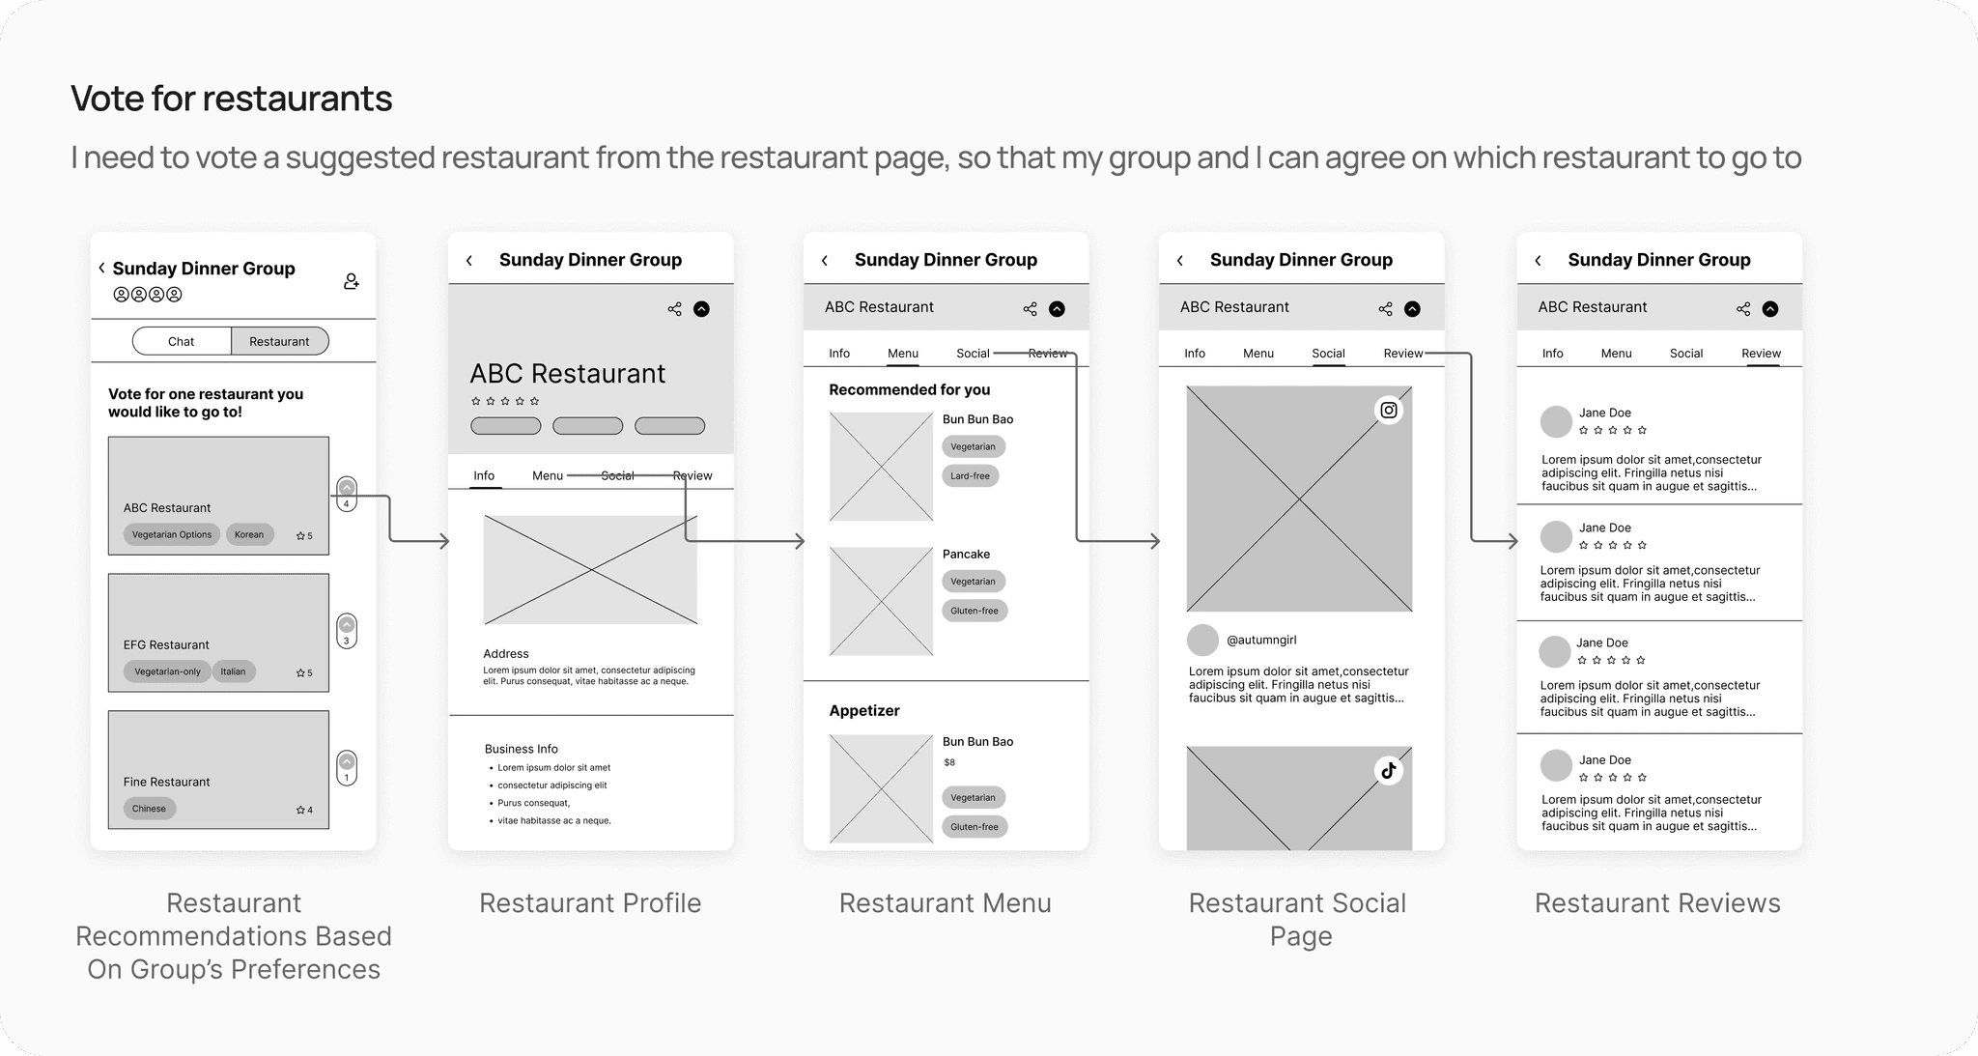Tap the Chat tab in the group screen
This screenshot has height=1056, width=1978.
[182, 341]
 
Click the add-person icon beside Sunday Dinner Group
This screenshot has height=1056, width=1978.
[352, 281]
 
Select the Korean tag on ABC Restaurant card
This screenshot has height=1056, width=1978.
[249, 534]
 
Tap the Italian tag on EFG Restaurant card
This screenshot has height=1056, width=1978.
[233, 671]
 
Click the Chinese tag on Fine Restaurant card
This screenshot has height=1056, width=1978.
[149, 809]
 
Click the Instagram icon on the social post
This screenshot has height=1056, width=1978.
[1389, 411]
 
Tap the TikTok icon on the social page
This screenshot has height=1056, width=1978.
[1389, 770]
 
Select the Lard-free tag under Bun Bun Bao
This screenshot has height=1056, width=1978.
[970, 475]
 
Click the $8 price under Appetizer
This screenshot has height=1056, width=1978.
[949, 762]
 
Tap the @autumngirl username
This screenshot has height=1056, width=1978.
[1261, 640]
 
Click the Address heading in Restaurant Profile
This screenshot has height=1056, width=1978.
[506, 654]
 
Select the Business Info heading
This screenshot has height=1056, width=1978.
[522, 749]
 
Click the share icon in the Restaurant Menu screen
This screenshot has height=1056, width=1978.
[1030, 309]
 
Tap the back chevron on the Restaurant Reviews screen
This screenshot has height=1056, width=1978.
[1538, 260]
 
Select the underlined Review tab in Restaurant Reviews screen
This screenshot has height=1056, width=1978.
[1762, 354]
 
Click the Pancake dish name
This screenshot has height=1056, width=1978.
[966, 554]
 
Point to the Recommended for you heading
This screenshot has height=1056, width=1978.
[910, 389]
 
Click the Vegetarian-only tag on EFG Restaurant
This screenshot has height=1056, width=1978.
[167, 671]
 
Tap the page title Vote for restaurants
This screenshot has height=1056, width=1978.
[232, 99]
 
